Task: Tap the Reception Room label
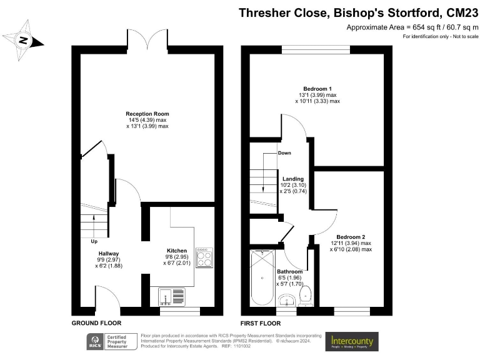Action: pyautogui.click(x=147, y=114)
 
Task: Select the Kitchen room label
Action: pyautogui.click(x=177, y=251)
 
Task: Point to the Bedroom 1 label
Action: pyautogui.click(x=317, y=88)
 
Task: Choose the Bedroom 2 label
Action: pyautogui.click(x=351, y=237)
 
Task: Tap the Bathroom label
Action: pyautogui.click(x=290, y=272)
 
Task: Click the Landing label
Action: pyautogui.click(x=293, y=178)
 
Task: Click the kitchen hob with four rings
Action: pyautogui.click(x=204, y=257)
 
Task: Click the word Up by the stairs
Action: pyautogui.click(x=94, y=241)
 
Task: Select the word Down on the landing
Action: pyautogui.click(x=284, y=152)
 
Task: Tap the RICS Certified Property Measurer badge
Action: pyautogui.click(x=112, y=341)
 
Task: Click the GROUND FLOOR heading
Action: pyautogui.click(x=96, y=322)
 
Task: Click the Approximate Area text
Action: pyautogui.click(x=412, y=27)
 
